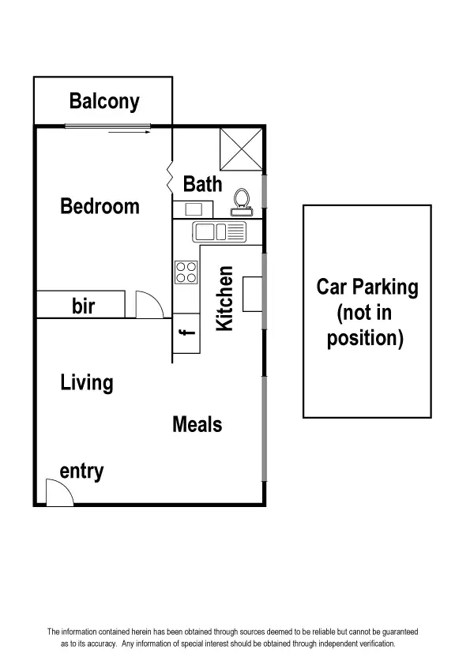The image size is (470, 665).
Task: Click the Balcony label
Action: [103, 101]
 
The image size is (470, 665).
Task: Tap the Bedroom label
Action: [100, 207]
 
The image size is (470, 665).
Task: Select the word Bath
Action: [202, 185]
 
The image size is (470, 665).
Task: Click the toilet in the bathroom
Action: [240, 202]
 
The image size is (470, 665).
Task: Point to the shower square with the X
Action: [240, 148]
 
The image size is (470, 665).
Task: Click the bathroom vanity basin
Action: [194, 209]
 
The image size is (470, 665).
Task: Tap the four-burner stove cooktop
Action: [186, 272]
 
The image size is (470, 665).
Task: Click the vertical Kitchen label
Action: [225, 299]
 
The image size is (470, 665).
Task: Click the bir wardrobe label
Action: [84, 306]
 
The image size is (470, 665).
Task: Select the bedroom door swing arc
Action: [149, 305]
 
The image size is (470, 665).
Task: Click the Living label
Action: [87, 384]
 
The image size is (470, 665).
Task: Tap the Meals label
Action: [197, 425]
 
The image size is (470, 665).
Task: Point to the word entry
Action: [82, 472]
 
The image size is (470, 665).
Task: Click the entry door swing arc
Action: [59, 493]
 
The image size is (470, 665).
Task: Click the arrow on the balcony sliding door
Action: [130, 133]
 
